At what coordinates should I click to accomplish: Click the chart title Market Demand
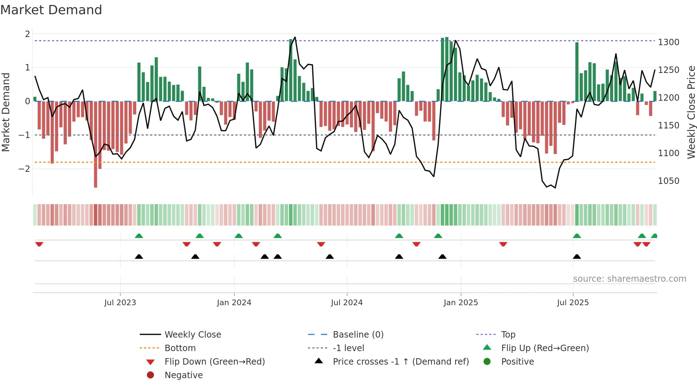point(51,10)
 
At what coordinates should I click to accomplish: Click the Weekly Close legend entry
point(192,334)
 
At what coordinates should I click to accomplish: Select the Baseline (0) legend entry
point(358,334)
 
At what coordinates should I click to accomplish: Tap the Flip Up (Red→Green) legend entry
point(544,348)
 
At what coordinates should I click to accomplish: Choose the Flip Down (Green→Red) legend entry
point(214,361)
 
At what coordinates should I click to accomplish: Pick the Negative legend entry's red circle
point(150,375)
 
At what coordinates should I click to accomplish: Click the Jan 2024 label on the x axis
point(234,302)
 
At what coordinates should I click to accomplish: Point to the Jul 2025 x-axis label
point(573,302)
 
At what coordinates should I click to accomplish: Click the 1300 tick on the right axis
point(669,42)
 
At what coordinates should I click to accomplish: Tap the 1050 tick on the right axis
point(669,181)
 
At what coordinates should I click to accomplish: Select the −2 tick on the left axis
point(24,169)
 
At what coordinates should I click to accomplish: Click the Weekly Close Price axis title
point(691,112)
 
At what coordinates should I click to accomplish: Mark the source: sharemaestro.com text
point(629,279)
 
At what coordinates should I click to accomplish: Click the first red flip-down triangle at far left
point(39,244)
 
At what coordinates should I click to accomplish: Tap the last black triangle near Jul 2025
point(577,256)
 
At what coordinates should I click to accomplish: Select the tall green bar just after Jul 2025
point(577,71)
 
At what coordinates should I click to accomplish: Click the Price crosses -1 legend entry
point(400,361)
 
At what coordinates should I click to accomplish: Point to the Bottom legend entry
point(180,348)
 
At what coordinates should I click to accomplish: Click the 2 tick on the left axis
point(27,34)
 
